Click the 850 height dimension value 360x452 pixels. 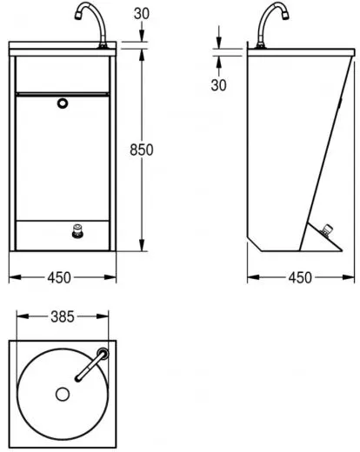click(142, 150)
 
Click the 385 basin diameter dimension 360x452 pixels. click(63, 316)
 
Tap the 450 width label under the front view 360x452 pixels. click(59, 277)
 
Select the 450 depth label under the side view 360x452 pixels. click(300, 277)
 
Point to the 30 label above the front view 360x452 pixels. click(142, 14)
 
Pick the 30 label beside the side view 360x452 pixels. click(218, 85)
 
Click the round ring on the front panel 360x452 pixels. click(63, 103)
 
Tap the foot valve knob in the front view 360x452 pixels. click(77, 231)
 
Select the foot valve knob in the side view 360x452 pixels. click(327, 230)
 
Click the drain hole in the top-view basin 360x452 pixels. click(63, 394)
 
